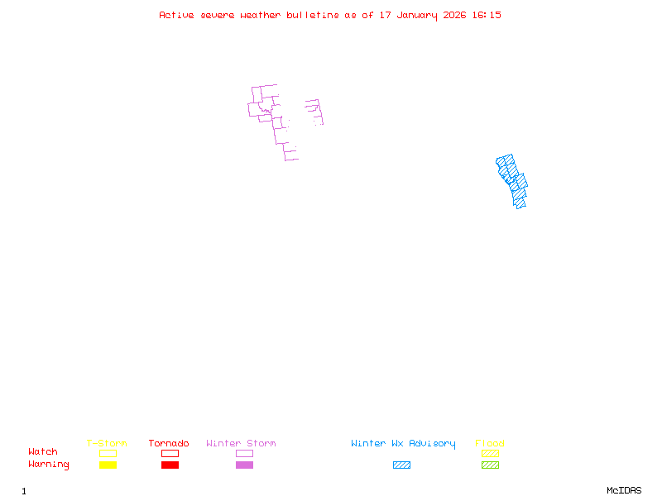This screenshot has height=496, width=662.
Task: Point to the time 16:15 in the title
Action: click(486, 15)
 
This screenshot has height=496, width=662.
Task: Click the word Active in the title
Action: click(177, 15)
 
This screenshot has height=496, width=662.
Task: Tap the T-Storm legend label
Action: click(107, 444)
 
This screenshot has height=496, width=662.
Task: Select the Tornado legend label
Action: click(169, 444)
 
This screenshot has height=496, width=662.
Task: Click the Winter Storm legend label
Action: click(241, 444)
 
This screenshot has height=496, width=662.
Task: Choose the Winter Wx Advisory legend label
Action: click(403, 444)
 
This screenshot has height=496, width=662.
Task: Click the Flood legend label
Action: click(490, 444)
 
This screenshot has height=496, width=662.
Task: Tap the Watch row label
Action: click(43, 452)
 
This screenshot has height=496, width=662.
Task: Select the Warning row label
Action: click(49, 465)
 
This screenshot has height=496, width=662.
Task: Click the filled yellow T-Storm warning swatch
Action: click(108, 465)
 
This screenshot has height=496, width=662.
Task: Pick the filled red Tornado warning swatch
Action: click(170, 465)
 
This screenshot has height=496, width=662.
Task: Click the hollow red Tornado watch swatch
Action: click(170, 453)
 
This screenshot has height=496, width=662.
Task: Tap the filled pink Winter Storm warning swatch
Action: click(244, 465)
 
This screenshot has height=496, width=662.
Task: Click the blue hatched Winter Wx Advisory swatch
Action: click(401, 465)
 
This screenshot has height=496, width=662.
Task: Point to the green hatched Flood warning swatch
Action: click(490, 465)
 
